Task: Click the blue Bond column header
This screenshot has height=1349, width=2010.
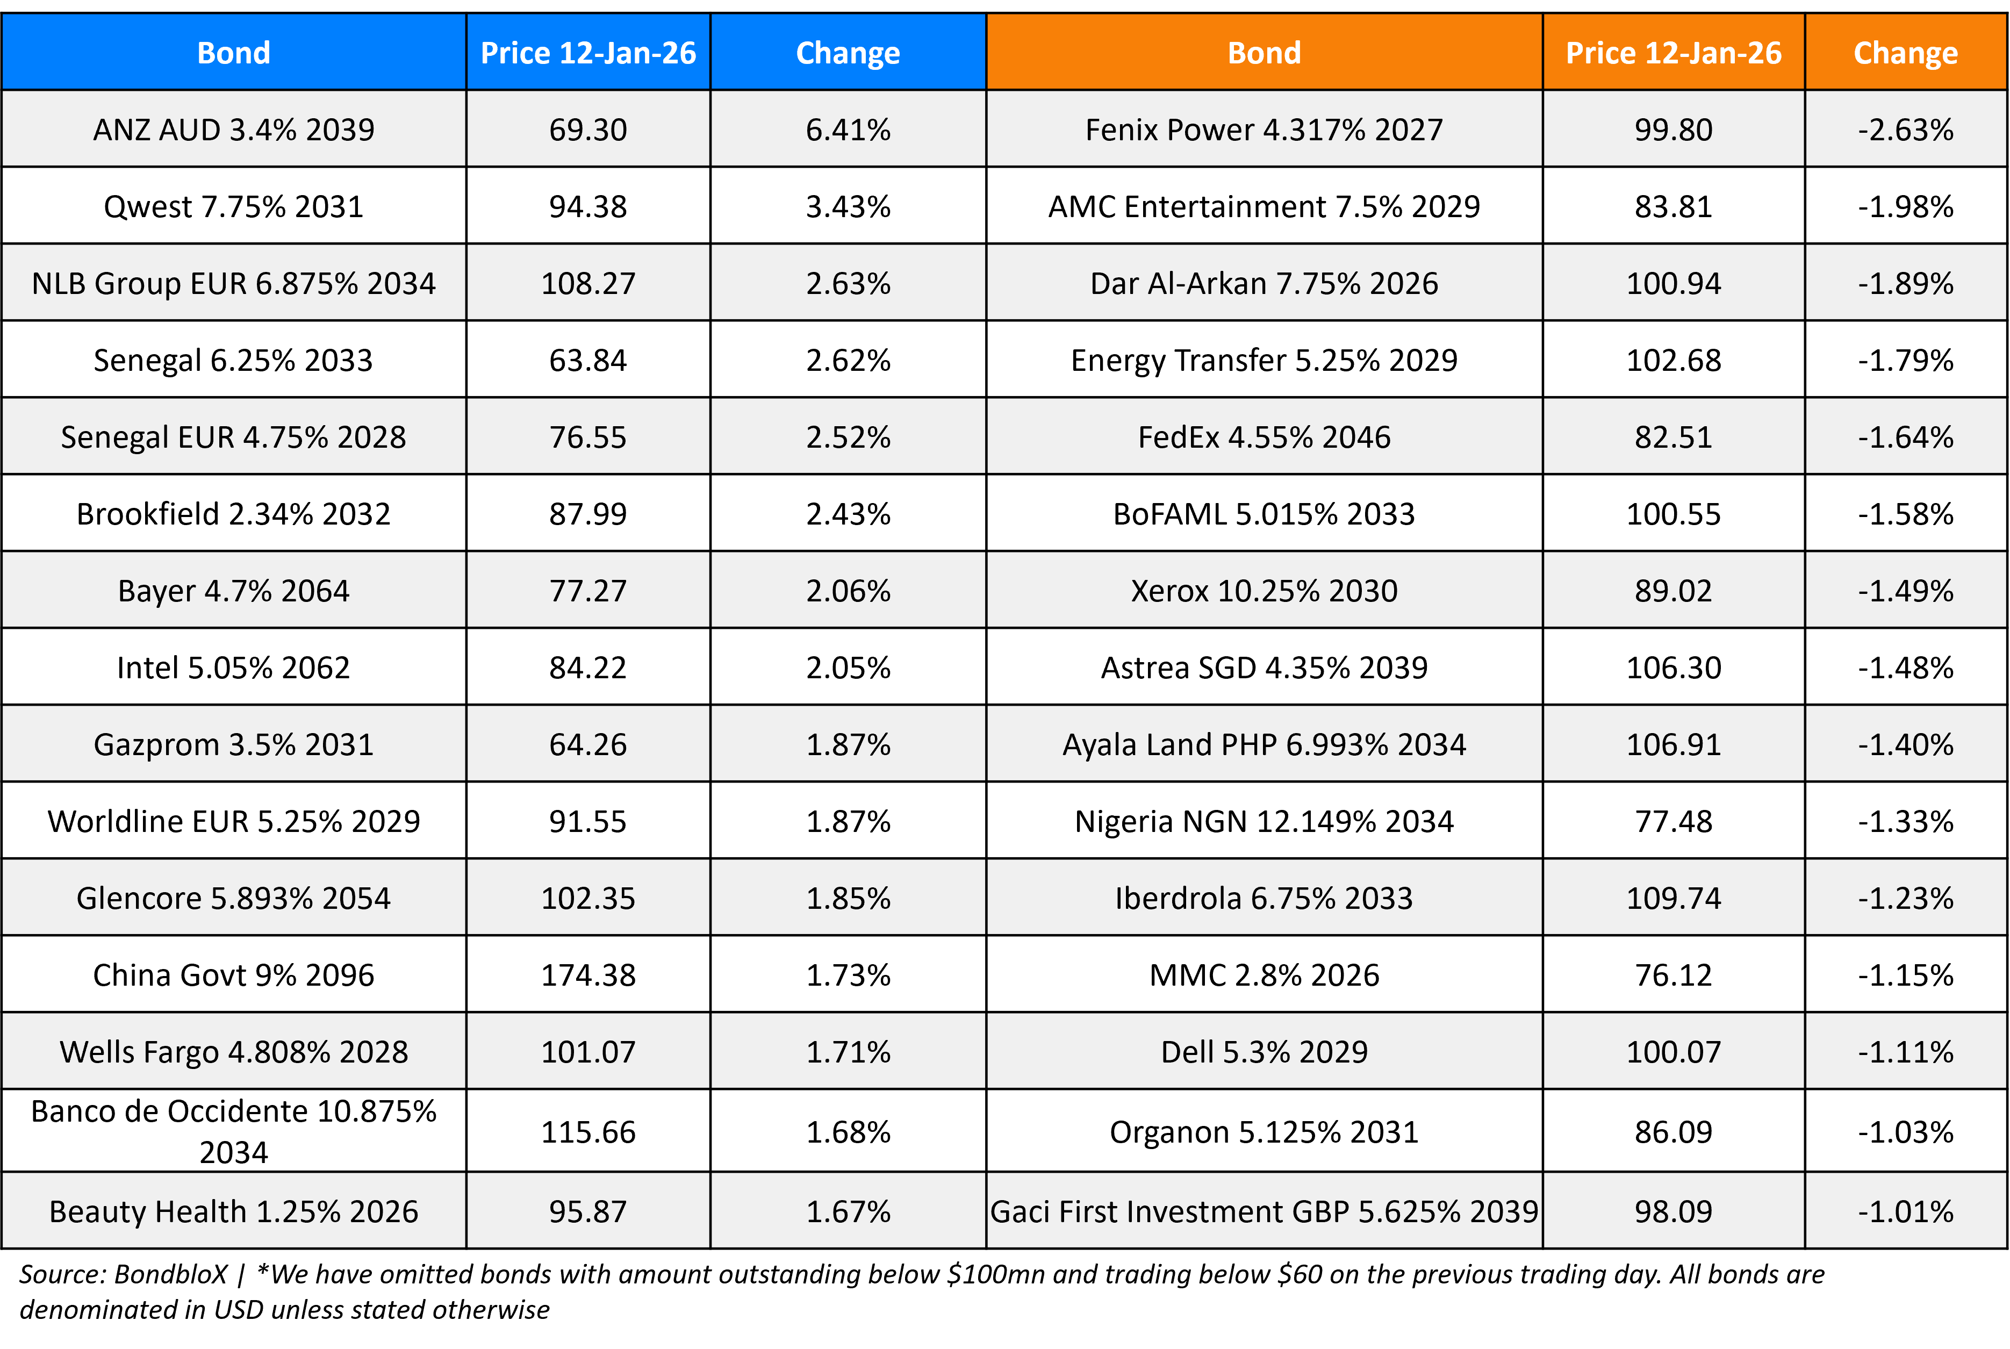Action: (233, 53)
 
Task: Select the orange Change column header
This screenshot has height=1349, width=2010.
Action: (1905, 53)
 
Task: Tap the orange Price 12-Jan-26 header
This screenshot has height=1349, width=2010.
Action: (1673, 53)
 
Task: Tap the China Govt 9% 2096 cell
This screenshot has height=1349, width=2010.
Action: (233, 975)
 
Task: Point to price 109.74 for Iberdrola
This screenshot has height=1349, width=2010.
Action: (1673, 898)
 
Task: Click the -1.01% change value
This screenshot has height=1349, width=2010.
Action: (1905, 1211)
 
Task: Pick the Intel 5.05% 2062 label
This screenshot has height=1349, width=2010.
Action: (233, 668)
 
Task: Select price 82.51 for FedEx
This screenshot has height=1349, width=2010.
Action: (1673, 437)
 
